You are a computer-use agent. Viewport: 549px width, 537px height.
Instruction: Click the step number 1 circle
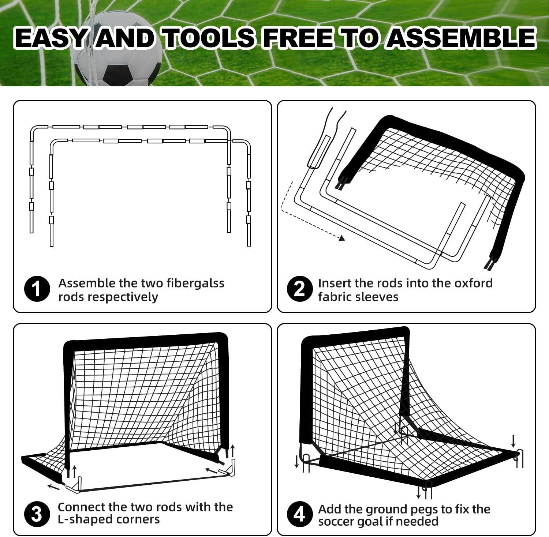(x=37, y=289)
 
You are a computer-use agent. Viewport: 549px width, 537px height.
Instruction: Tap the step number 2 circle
(x=299, y=289)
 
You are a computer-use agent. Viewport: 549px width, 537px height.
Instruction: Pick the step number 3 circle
(x=37, y=514)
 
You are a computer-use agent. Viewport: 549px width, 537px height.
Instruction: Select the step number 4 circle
(x=299, y=514)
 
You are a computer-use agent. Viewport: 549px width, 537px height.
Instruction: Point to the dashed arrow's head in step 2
(x=342, y=238)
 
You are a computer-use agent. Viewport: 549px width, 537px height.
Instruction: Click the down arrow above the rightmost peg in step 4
(x=513, y=440)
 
